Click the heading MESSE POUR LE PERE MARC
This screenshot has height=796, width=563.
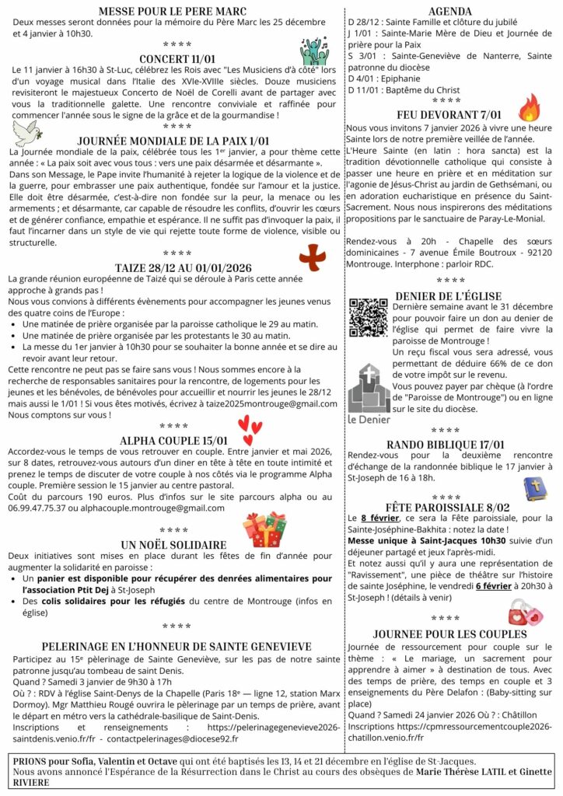[x=173, y=11]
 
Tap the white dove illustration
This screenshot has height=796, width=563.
[x=26, y=131]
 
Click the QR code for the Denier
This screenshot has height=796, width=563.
[x=368, y=318]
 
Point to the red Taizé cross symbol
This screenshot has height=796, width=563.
[x=313, y=257]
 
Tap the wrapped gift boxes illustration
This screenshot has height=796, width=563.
[x=265, y=529]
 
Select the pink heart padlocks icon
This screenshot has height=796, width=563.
[x=526, y=613]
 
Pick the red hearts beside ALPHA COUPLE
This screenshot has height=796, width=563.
[x=249, y=426]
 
